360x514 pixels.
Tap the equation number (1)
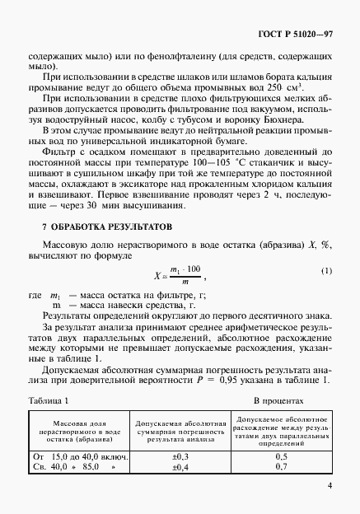pos(326,271)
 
